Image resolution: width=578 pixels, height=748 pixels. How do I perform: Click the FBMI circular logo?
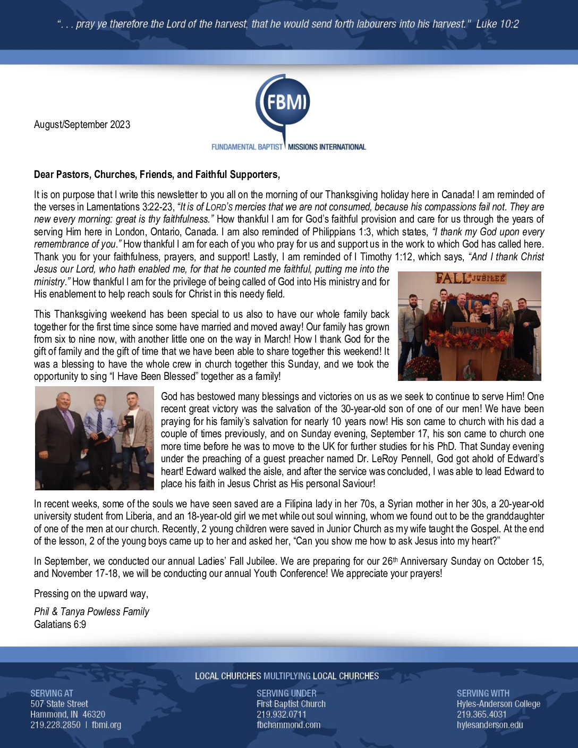(x=284, y=103)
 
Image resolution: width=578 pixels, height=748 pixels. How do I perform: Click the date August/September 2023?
(x=82, y=124)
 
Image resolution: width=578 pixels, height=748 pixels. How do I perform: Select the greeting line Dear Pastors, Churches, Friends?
(x=157, y=174)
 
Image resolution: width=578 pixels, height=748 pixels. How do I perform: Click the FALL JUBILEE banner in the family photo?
(x=470, y=278)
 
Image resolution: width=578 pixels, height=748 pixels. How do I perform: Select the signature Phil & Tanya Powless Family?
(x=91, y=611)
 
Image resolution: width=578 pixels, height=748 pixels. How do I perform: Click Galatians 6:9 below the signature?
(x=60, y=624)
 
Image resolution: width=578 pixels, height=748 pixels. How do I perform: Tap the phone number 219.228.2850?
(x=55, y=725)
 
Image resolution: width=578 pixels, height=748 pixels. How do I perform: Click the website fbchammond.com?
(x=288, y=725)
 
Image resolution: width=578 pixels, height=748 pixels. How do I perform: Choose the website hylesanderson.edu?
(x=489, y=725)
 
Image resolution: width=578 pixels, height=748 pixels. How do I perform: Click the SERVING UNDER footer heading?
(x=286, y=693)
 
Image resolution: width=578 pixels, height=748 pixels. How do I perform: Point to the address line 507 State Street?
(x=59, y=704)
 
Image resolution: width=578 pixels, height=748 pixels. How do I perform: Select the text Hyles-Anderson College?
(x=498, y=704)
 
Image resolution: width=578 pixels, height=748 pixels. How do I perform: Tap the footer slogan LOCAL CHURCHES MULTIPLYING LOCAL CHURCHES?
(x=287, y=676)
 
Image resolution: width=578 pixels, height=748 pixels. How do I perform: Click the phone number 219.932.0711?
(x=281, y=715)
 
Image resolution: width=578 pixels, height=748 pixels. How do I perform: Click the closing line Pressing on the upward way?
(x=91, y=593)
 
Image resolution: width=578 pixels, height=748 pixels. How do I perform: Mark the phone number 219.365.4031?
(x=481, y=715)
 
